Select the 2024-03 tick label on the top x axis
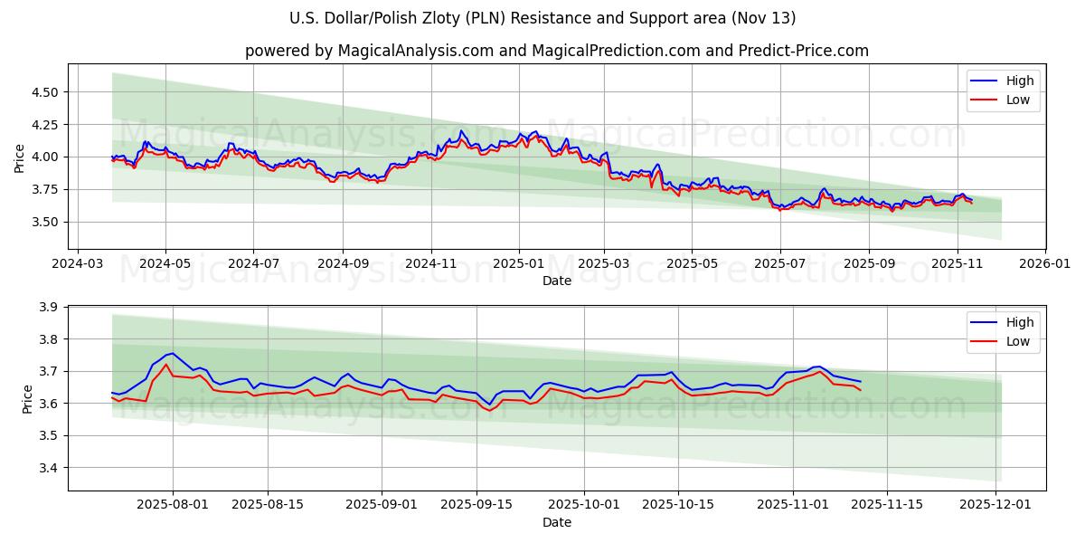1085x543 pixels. pyautogui.click(x=77, y=264)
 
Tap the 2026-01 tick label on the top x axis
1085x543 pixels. pyautogui.click(x=1045, y=264)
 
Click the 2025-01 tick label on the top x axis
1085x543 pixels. pyautogui.click(x=519, y=264)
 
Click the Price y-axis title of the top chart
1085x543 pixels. pyautogui.click(x=20, y=157)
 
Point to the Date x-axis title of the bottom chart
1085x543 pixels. pyautogui.click(x=556, y=522)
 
